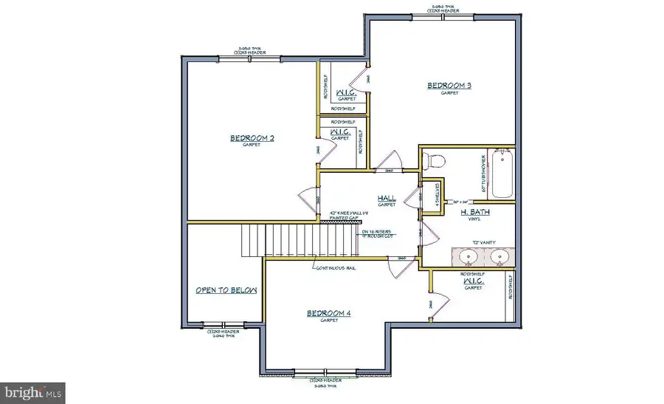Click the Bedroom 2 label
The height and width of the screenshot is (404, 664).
[x=252, y=137]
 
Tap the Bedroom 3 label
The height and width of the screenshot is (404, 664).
[x=449, y=86]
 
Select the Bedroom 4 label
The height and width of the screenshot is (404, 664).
[x=328, y=313]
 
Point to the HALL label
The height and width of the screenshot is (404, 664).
[x=387, y=198]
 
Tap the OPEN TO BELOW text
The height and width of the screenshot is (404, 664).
[x=226, y=290]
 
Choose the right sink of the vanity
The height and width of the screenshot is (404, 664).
[x=500, y=258]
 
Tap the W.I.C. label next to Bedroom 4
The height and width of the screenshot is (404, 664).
[x=472, y=281]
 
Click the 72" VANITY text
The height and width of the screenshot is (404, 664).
[x=483, y=242]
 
